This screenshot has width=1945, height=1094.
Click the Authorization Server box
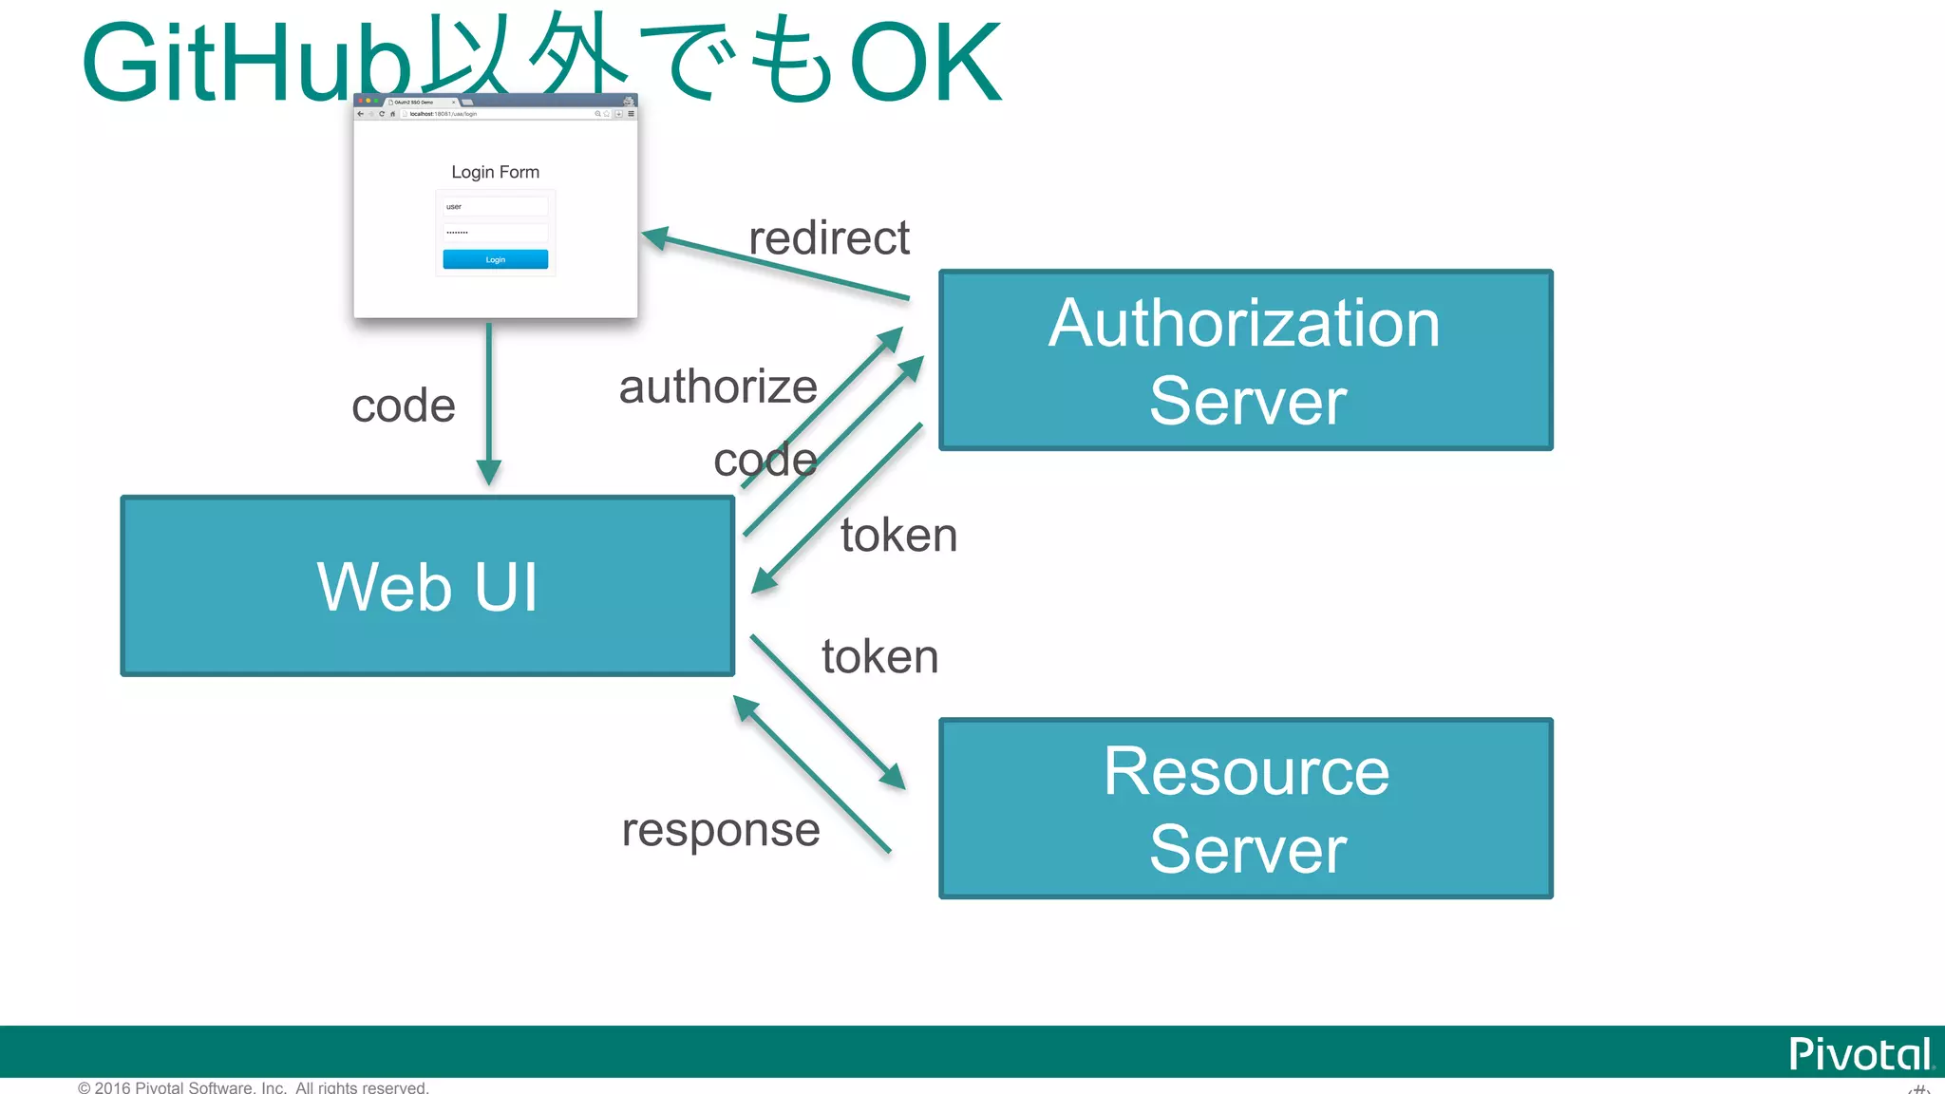click(x=1245, y=360)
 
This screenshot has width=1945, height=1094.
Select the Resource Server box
click(x=1245, y=808)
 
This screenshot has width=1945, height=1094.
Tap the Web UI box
click(x=427, y=586)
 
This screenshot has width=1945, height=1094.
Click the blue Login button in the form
click(x=495, y=259)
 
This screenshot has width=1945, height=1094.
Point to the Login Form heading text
click(x=495, y=172)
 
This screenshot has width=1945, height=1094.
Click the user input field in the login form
click(x=495, y=206)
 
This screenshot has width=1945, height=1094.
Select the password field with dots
click(x=495, y=232)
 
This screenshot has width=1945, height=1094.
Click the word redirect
click(x=828, y=237)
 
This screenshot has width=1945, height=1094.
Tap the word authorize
click(x=718, y=387)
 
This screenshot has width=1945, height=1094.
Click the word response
click(x=720, y=829)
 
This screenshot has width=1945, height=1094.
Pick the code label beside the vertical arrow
click(x=404, y=406)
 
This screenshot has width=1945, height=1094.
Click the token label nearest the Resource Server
click(x=879, y=656)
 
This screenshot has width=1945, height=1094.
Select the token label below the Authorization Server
click(x=898, y=535)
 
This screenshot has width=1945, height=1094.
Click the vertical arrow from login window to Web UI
click(x=488, y=399)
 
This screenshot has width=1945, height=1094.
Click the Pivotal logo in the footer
click(x=1860, y=1054)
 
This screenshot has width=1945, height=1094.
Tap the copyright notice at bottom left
click(x=253, y=1086)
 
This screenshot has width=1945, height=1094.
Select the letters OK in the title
click(x=925, y=64)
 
